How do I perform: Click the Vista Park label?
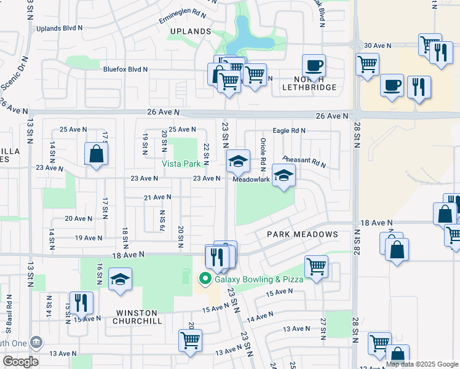(181, 164)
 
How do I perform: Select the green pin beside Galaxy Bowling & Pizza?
(204, 280)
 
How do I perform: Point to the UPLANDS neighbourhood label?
(191, 31)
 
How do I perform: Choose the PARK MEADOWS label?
(302, 234)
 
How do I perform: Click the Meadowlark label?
(251, 180)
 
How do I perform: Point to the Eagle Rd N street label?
(289, 131)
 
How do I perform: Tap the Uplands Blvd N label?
(60, 28)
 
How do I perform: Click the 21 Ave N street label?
(157, 197)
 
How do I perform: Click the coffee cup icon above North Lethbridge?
(314, 65)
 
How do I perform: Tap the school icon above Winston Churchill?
(120, 279)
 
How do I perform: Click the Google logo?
(20, 362)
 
